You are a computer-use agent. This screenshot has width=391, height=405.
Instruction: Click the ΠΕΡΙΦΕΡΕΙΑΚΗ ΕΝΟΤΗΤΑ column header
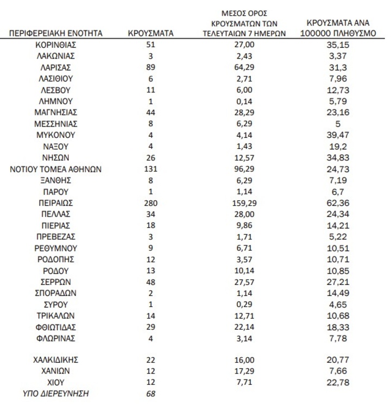click(x=56, y=33)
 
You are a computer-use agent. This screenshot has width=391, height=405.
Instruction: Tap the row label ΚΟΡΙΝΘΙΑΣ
click(x=56, y=45)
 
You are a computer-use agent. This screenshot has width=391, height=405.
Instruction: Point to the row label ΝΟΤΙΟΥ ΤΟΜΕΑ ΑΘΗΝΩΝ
click(x=56, y=169)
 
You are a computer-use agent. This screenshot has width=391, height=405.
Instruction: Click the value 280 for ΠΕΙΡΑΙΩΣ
click(x=150, y=202)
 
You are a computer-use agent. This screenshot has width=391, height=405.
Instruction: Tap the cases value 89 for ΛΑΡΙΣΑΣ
click(x=150, y=67)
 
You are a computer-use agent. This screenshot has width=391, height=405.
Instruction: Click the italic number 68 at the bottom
click(x=150, y=393)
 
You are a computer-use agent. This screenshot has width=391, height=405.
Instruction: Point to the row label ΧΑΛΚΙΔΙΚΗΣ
click(x=56, y=359)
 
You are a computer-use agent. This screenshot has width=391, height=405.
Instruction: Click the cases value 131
click(x=150, y=169)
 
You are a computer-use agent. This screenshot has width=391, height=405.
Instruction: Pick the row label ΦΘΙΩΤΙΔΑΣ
click(x=56, y=326)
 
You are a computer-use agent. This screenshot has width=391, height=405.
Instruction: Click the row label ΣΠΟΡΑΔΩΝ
click(x=56, y=293)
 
